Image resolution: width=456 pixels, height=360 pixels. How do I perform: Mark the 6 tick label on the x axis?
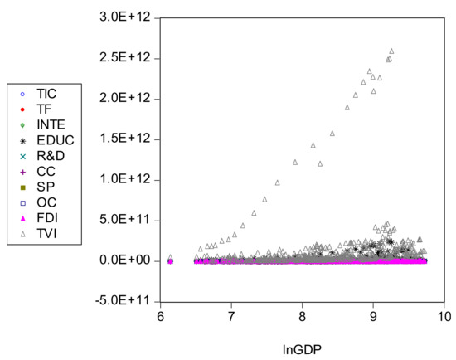tap(162, 316)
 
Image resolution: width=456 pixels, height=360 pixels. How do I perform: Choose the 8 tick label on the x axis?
tap(303, 316)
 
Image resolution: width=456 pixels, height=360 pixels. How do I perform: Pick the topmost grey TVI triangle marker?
tap(391, 51)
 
